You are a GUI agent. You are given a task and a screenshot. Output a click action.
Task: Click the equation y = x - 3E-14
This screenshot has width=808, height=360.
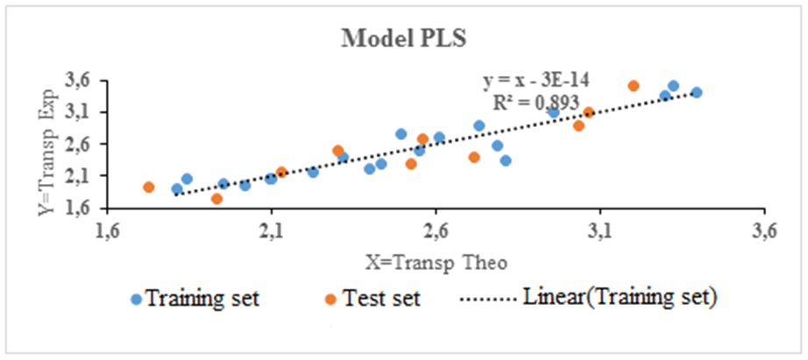535,81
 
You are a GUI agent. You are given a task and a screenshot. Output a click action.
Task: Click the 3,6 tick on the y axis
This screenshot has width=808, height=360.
79,81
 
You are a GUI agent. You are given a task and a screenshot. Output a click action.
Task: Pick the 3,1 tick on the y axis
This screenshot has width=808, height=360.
79,112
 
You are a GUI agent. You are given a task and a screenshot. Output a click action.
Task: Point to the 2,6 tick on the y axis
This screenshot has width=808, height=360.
79,145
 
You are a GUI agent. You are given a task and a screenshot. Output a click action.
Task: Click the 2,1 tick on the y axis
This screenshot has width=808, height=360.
79,176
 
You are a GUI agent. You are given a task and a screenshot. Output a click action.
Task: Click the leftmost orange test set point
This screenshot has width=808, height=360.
149,187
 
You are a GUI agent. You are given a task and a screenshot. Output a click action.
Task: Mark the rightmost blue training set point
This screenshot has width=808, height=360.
697,93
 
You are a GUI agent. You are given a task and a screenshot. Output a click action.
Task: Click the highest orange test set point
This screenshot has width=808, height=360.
634,86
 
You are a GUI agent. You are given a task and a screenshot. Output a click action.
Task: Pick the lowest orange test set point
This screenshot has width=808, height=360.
216,199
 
